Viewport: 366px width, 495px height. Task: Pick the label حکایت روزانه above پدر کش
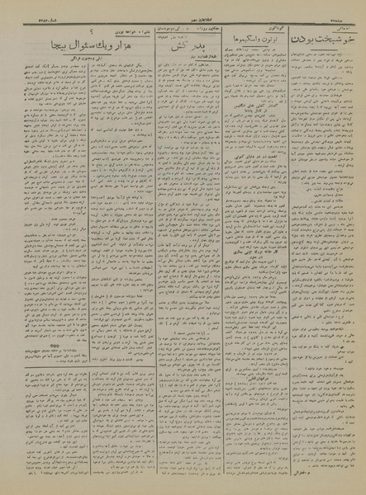[x=207, y=17]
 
